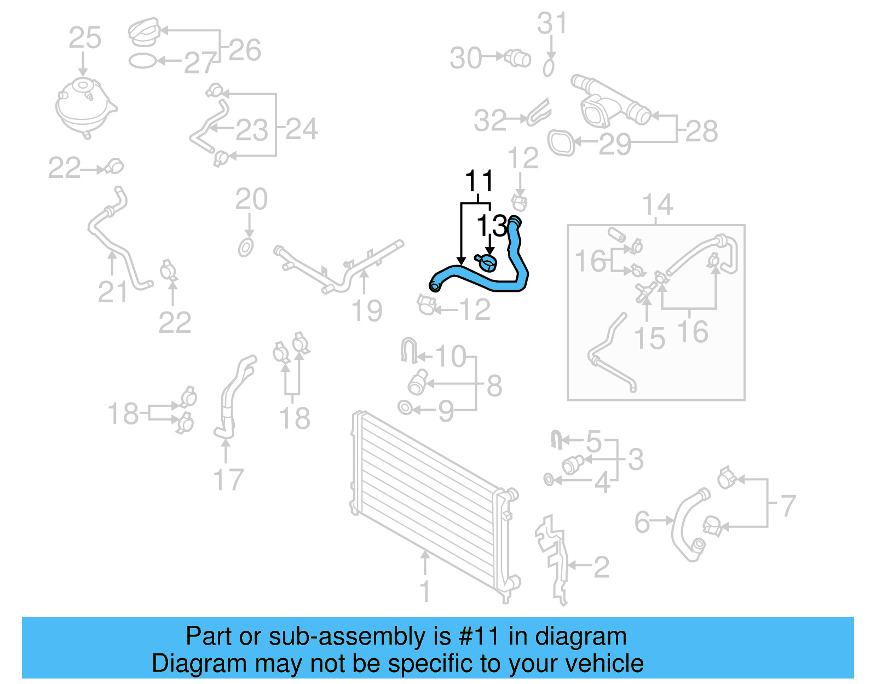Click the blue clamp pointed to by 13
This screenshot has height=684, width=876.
point(486,262)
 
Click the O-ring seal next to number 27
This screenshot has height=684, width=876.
point(142,61)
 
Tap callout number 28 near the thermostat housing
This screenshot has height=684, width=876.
point(702,131)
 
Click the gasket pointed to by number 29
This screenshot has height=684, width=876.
point(561,143)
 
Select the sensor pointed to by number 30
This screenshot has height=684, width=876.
point(518,58)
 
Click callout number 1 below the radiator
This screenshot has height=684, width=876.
point(425,591)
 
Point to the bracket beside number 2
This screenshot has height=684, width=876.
point(552,559)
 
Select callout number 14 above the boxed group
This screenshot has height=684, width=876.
point(657,205)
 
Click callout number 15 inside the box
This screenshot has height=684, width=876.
point(649,338)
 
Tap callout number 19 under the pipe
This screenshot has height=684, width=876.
point(366,311)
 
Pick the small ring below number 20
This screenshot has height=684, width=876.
point(246,248)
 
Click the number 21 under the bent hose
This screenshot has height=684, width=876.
point(112,292)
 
